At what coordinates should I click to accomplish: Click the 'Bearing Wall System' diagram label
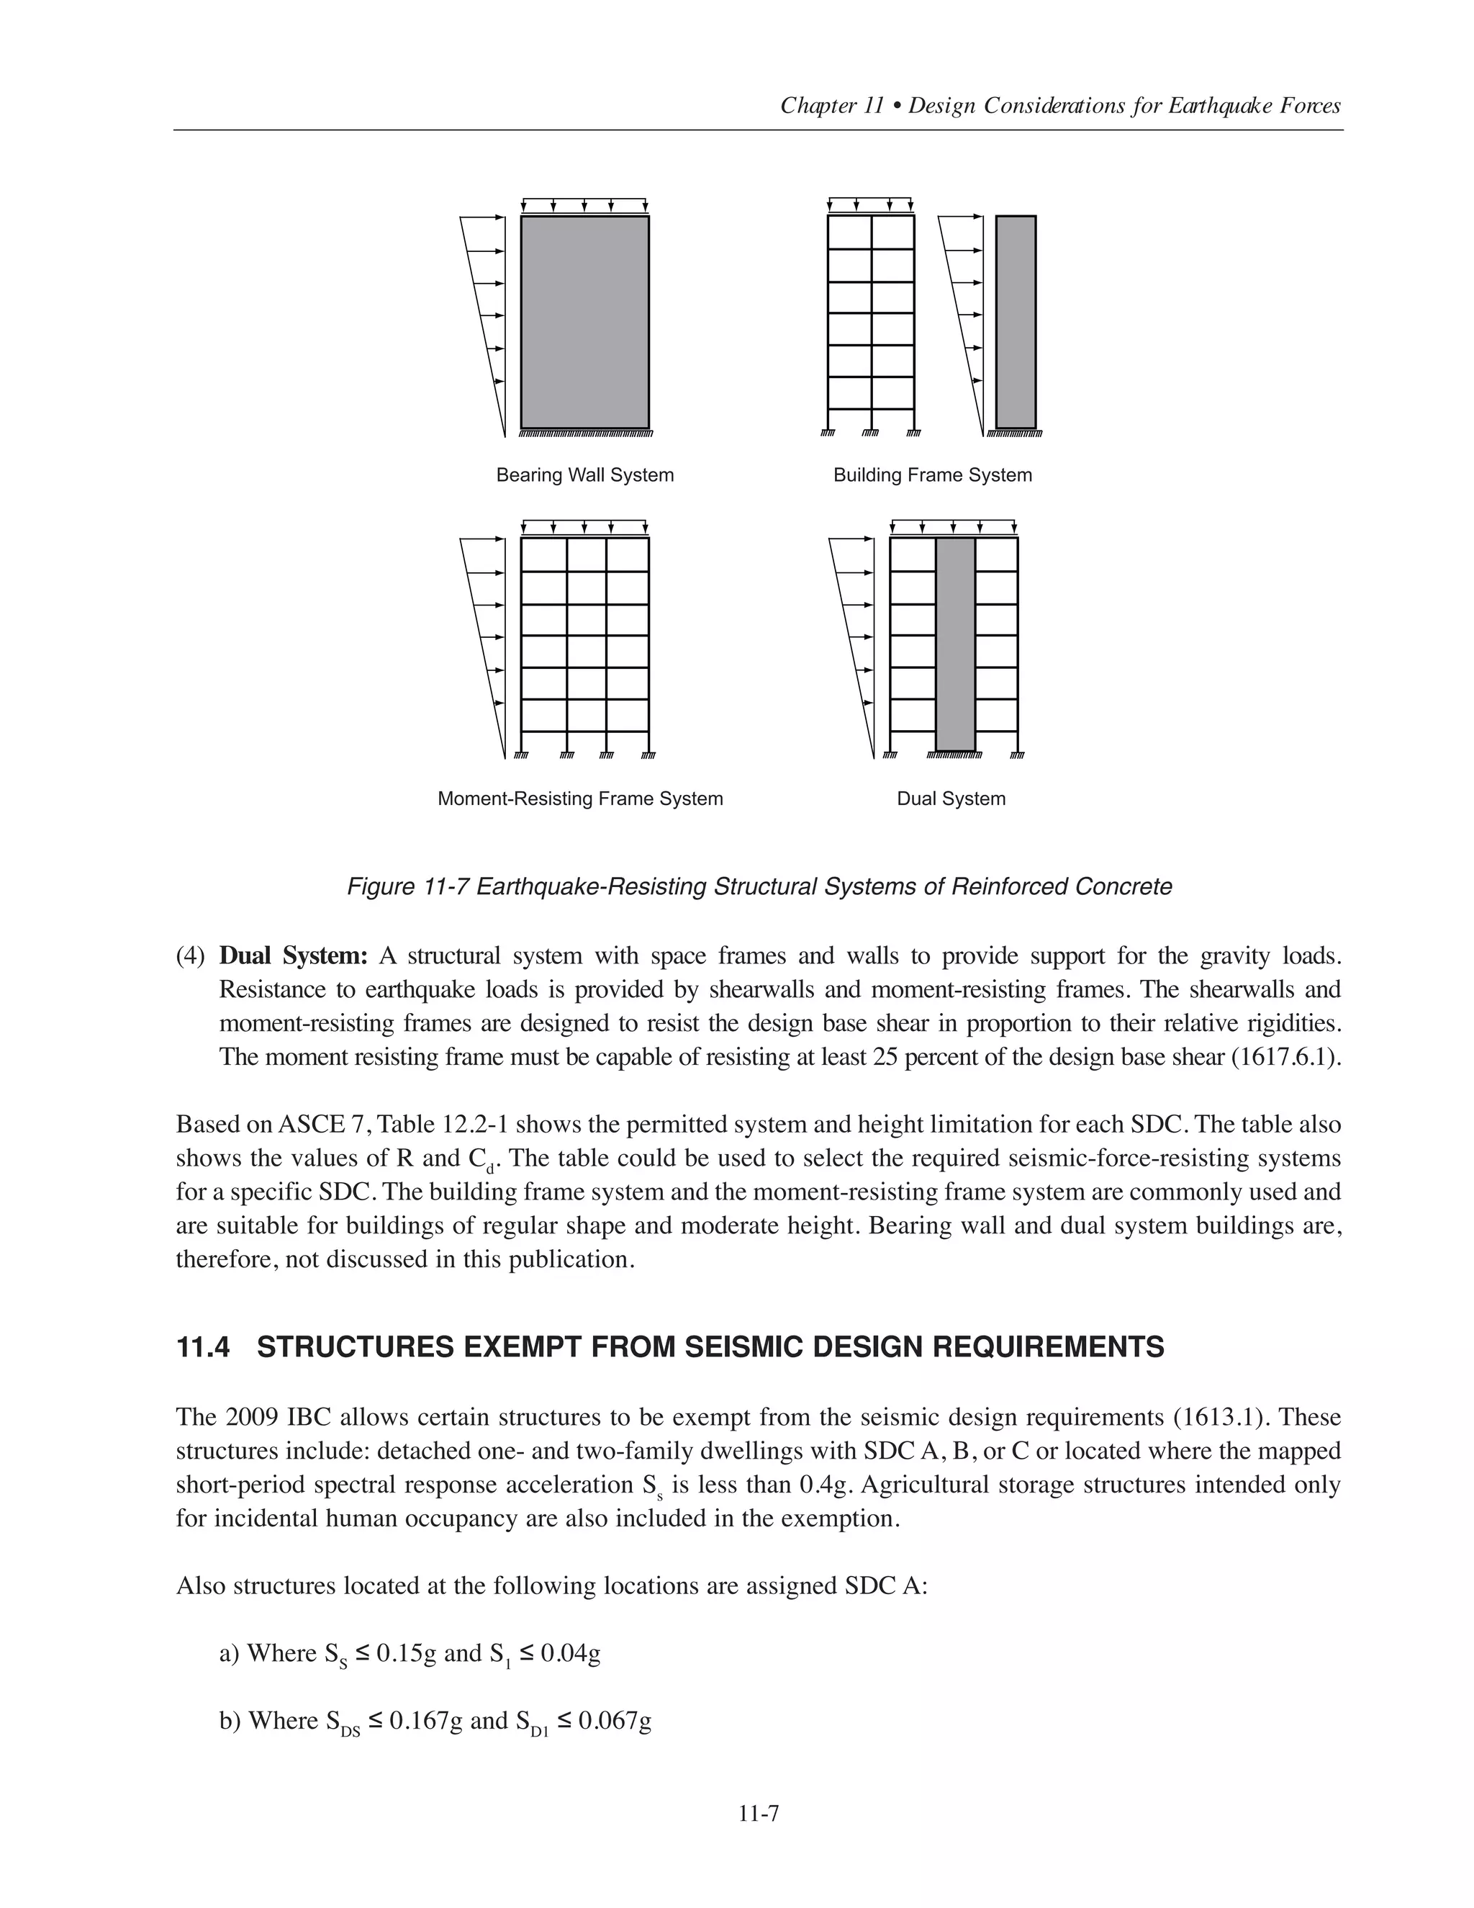[584, 475]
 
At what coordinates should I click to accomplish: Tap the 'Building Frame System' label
[932, 475]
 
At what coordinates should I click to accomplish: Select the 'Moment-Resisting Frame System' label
[580, 798]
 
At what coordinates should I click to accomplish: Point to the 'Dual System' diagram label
[951, 798]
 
